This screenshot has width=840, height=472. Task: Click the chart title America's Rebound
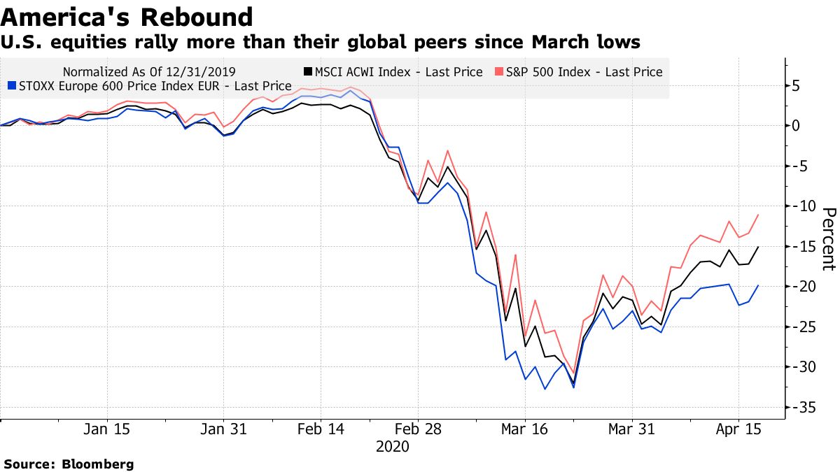click(127, 17)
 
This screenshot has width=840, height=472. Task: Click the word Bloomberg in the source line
click(99, 464)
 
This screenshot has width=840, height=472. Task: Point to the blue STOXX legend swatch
click(9, 86)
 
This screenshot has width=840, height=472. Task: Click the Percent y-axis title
click(828, 238)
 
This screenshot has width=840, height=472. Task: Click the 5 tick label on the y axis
click(797, 85)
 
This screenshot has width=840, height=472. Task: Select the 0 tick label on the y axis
click(797, 126)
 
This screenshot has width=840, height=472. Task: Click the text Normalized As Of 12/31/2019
click(149, 71)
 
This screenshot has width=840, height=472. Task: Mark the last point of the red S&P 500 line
click(758, 215)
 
